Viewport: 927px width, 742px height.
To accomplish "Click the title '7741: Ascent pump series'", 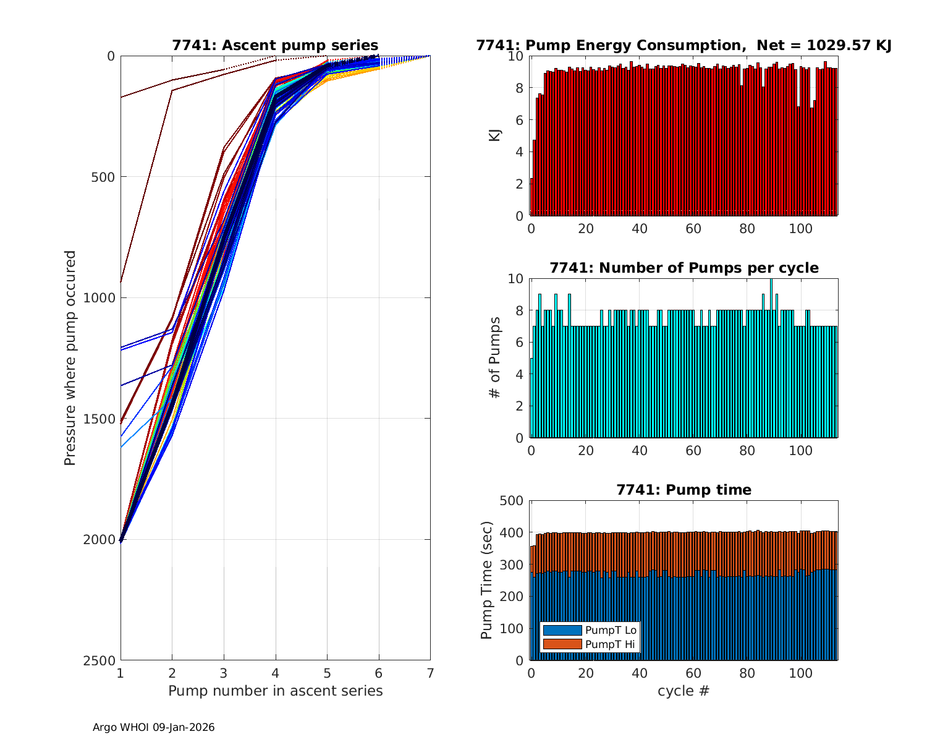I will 275,45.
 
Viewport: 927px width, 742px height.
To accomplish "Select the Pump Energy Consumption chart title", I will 684,45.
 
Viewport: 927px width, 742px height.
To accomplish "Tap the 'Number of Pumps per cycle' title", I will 684,268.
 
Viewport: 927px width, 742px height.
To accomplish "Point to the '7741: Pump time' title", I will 684,490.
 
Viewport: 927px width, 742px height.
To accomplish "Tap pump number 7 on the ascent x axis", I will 430,673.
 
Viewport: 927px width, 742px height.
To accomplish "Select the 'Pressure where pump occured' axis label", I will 70,357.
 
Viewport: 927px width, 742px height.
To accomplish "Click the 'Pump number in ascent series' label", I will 275,691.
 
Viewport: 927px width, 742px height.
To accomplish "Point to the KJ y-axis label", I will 494,135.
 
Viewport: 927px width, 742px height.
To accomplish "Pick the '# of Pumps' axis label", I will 494,357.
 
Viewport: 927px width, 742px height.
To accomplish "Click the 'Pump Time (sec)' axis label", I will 487,580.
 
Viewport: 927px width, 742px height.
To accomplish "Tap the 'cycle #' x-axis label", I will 684,691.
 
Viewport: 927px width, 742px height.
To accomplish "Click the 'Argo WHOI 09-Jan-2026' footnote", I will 153,727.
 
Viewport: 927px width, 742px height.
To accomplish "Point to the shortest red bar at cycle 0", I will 531,198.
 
